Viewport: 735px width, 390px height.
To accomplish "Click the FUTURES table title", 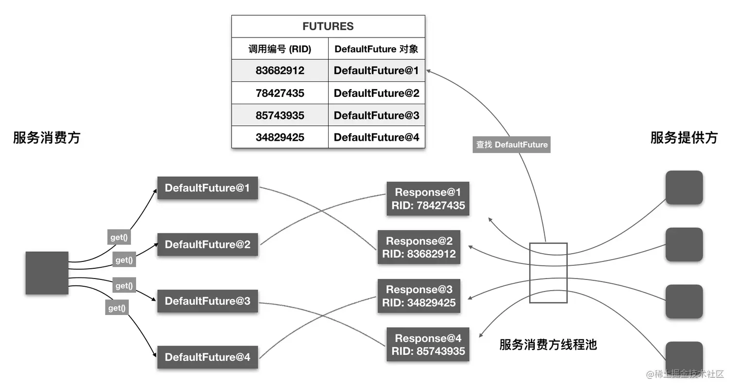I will click(x=328, y=26).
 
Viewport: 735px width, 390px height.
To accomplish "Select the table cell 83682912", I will click(x=280, y=71).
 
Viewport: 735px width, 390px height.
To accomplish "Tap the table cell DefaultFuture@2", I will click(x=376, y=93).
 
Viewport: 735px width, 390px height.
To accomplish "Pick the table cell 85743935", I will click(x=280, y=115).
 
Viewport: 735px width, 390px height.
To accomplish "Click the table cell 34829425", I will click(x=280, y=137).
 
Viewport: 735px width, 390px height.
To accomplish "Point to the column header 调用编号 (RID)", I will click(x=280, y=49).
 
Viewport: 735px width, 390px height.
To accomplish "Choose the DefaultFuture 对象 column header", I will click(x=376, y=49).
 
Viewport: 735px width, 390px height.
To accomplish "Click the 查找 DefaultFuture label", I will click(x=511, y=145).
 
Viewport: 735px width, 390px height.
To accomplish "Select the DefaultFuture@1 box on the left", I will click(x=207, y=188).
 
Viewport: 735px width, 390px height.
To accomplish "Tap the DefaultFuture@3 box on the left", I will click(x=207, y=301).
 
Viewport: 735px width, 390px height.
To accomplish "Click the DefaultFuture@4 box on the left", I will click(x=207, y=357).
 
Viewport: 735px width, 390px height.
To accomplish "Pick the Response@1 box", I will click(x=428, y=199).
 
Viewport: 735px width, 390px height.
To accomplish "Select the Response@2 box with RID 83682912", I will click(x=419, y=247).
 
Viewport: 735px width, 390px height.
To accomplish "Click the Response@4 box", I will click(x=428, y=345).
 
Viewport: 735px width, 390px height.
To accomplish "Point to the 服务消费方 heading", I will click(x=47, y=138).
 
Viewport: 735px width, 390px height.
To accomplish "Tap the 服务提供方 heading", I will click(x=684, y=138).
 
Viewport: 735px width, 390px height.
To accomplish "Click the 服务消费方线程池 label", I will click(x=548, y=345).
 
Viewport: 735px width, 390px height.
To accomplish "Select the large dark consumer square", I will click(x=47, y=273).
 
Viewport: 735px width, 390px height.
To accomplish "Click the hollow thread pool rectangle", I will click(x=548, y=273).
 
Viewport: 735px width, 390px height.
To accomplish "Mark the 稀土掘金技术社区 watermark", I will click(x=685, y=374).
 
